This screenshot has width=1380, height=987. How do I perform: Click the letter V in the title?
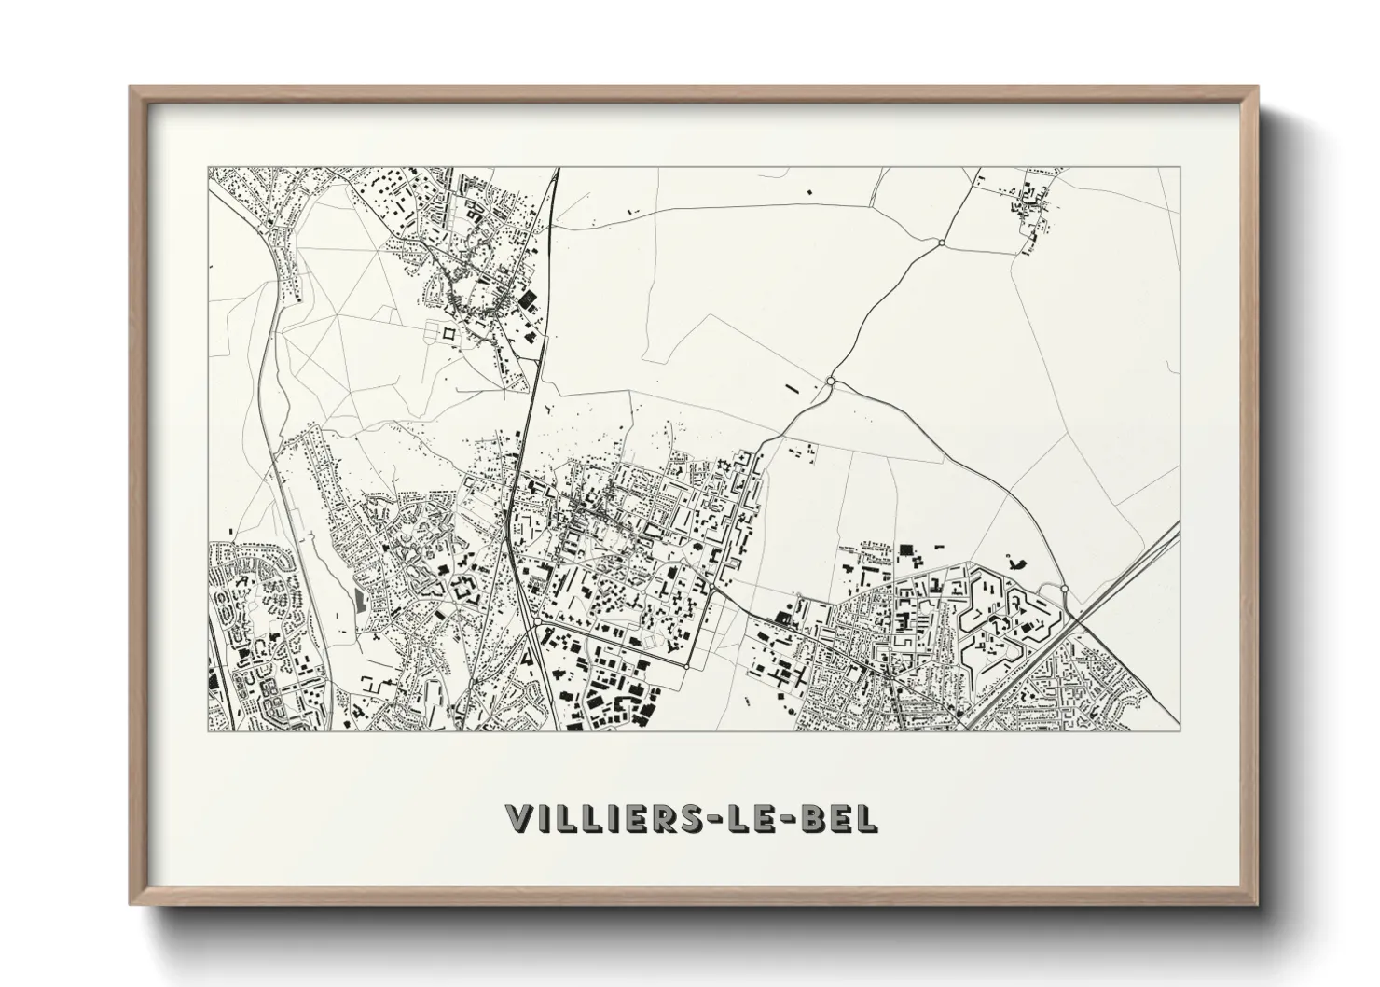point(521,819)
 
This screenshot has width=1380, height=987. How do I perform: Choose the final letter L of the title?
point(863,819)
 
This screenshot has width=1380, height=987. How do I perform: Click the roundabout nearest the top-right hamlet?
point(942,243)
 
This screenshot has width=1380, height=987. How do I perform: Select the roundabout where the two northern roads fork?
point(830,382)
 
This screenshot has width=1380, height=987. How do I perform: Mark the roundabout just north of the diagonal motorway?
point(1063,589)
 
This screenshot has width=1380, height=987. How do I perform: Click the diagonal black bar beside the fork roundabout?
point(794,386)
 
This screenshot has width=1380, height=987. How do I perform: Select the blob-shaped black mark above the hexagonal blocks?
point(1014,562)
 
